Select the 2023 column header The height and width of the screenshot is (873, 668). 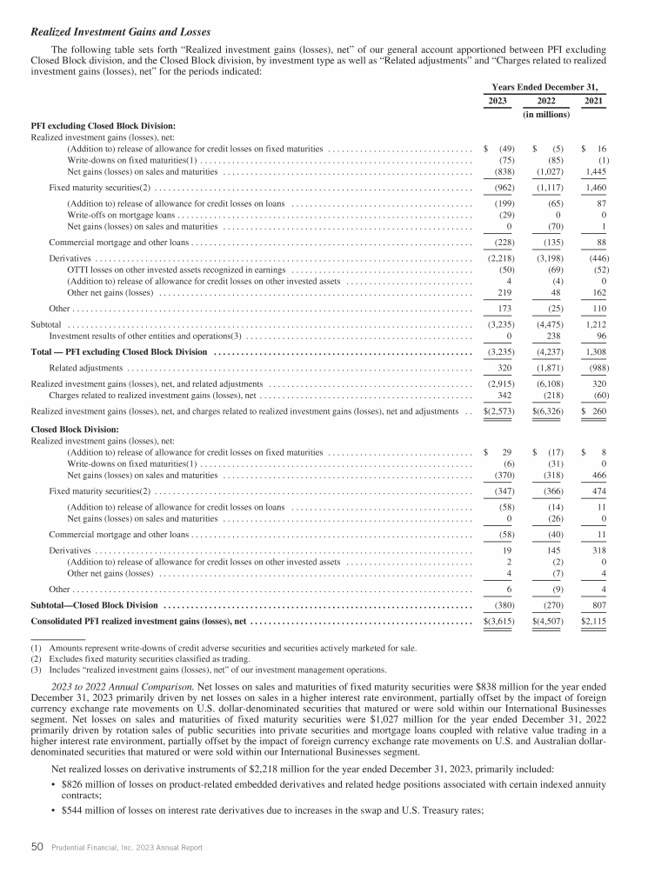click(x=498, y=102)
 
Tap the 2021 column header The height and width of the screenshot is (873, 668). click(x=593, y=102)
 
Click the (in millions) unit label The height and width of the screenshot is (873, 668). click(x=545, y=115)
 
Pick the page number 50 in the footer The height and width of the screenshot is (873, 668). click(x=37, y=846)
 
